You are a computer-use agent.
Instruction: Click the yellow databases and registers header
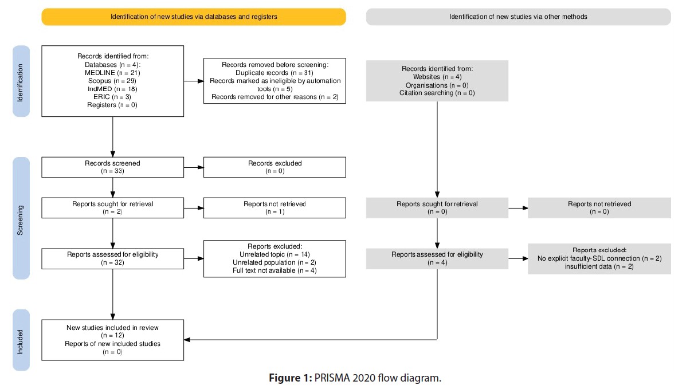[194, 17]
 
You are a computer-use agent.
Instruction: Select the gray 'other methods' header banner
[519, 17]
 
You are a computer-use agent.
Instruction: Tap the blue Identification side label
[21, 81]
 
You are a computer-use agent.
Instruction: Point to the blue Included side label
[21, 340]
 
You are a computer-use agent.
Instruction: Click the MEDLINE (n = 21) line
[112, 73]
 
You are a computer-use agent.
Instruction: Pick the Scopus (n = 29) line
[112, 81]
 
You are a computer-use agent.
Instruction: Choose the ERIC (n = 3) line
[112, 97]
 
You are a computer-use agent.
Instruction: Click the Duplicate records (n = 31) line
[275, 73]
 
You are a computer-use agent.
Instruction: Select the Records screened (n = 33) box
[113, 167]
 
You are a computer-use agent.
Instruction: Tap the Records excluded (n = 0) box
[275, 167]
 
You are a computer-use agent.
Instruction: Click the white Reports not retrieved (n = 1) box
[275, 208]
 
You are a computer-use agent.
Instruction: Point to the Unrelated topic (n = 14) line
[275, 254]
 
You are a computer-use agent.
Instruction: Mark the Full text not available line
[275, 270]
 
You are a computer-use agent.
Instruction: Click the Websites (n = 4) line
[437, 77]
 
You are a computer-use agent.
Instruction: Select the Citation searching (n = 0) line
[437, 93]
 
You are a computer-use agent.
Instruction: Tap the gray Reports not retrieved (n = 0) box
[599, 208]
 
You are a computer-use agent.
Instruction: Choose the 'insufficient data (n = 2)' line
[599, 266]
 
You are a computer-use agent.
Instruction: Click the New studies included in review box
[113, 340]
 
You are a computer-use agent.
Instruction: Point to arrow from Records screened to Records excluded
[194, 167]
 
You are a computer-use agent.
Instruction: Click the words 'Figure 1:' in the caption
[291, 378]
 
